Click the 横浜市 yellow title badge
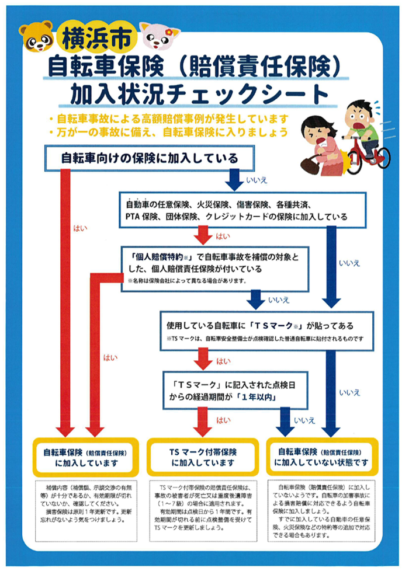point(97,37)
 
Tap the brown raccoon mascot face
point(36,37)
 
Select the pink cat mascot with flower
point(159,36)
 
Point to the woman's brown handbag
point(310,163)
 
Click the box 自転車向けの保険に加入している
point(150,158)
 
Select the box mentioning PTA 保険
point(242,210)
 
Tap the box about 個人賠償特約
point(215,269)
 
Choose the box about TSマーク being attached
point(267,330)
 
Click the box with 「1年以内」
point(235,391)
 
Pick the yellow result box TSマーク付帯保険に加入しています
point(203,457)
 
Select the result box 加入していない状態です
point(321,457)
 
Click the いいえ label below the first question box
point(257,180)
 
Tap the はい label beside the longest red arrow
point(80,228)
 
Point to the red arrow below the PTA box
point(203,235)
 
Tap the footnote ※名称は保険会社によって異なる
point(187,281)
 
